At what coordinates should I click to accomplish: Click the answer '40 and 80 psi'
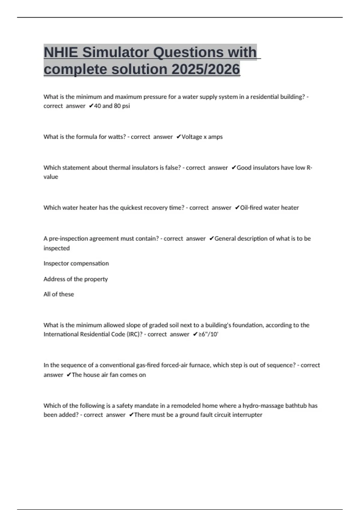[x=112, y=106]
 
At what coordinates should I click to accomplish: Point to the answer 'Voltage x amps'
[x=202, y=137]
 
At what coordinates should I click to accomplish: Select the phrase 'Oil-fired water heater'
[x=269, y=208]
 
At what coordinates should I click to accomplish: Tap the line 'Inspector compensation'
[x=76, y=263]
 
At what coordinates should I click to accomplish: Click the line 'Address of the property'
[x=76, y=279]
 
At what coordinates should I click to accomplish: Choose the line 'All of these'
[x=58, y=294]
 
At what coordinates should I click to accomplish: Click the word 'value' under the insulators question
[x=51, y=177]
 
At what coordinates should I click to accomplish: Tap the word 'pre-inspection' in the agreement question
[x=67, y=238]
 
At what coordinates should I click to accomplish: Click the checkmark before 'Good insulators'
[x=234, y=168]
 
